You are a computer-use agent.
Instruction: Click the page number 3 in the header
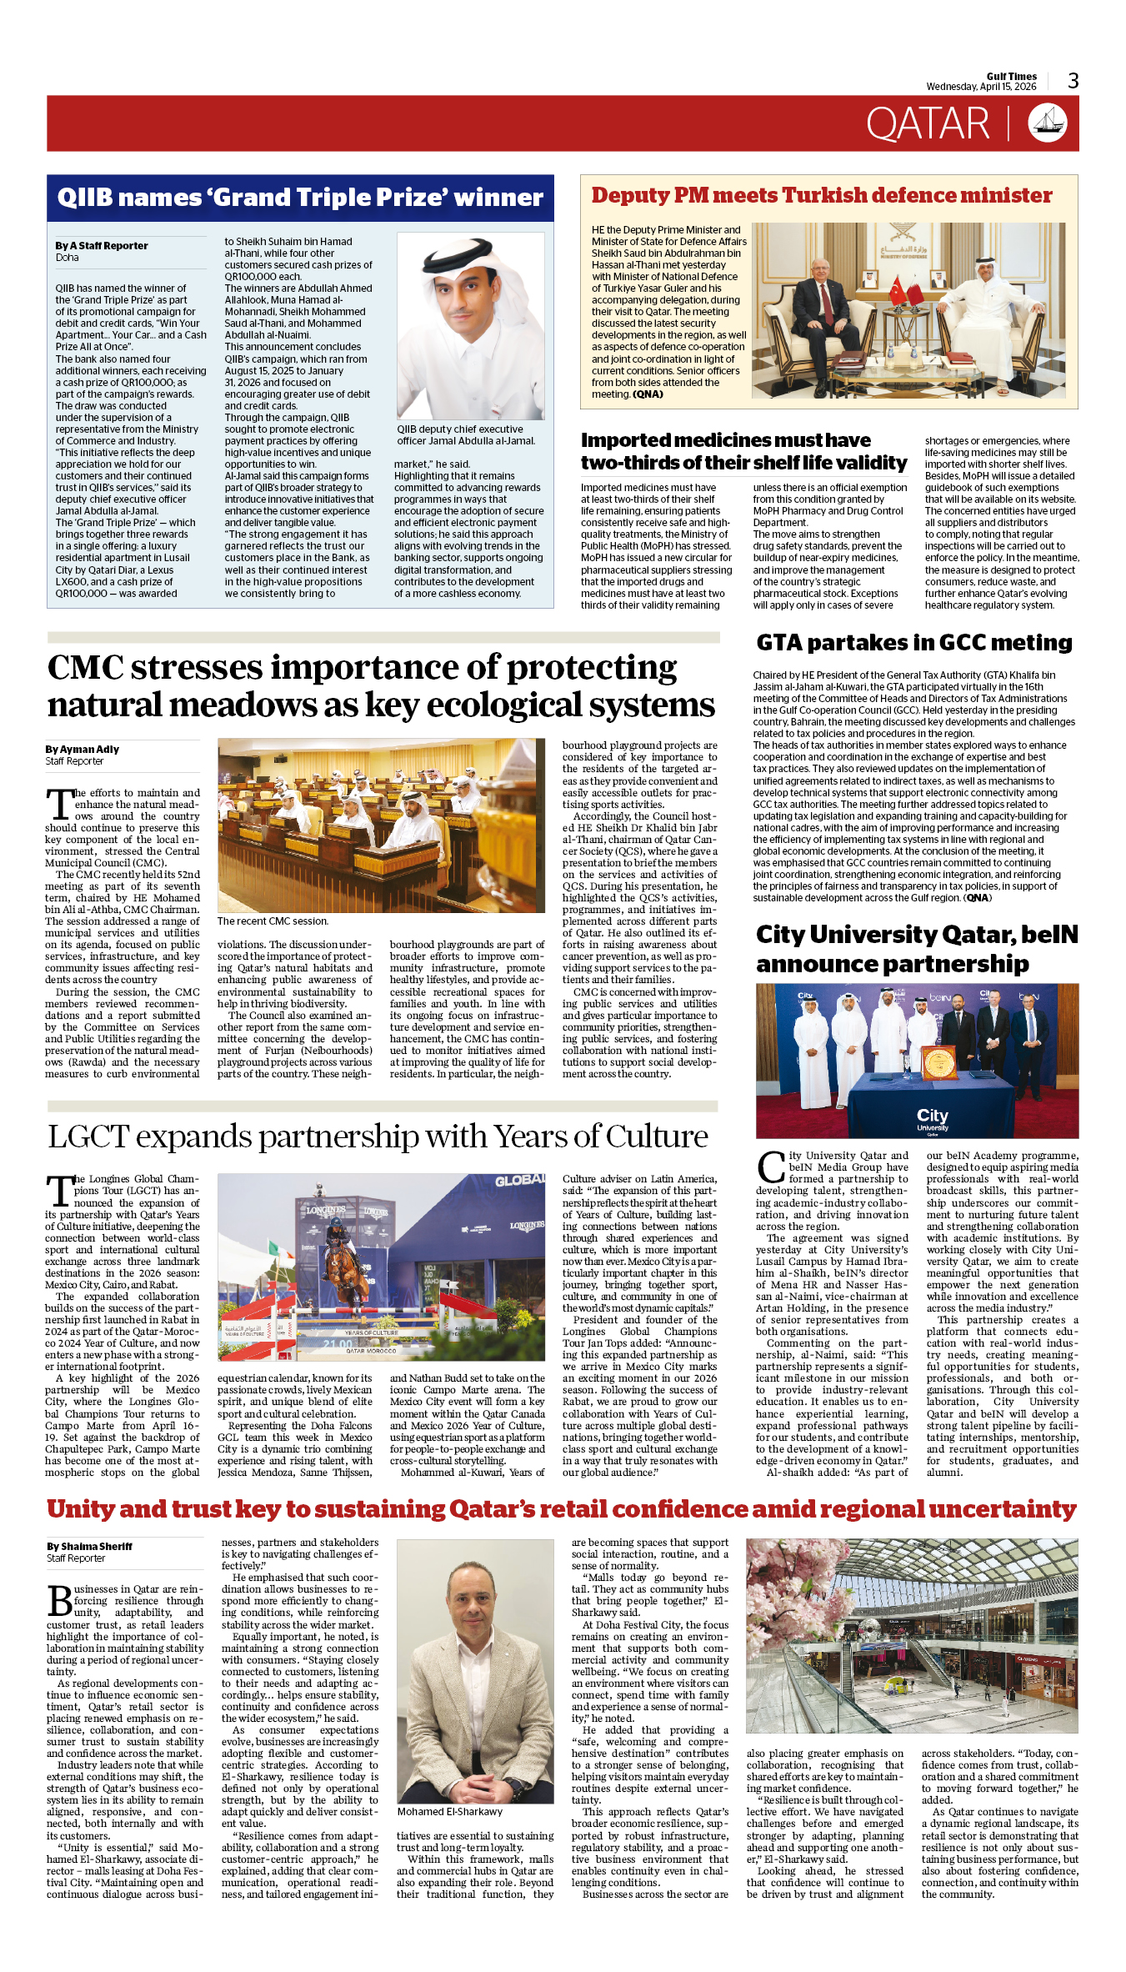(1073, 81)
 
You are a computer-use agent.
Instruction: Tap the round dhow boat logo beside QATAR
(1047, 123)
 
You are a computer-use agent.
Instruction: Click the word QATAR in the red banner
(928, 124)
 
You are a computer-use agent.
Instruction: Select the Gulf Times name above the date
(1011, 76)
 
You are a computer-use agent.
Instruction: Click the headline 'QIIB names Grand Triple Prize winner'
(300, 198)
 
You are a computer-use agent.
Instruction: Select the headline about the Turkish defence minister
(821, 195)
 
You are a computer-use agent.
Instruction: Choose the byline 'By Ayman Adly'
(82, 750)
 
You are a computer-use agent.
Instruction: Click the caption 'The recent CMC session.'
(273, 921)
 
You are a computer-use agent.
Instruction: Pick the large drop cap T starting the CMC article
(59, 805)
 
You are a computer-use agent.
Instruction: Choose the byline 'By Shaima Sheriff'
(89, 1547)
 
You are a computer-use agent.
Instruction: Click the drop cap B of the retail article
(60, 1601)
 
